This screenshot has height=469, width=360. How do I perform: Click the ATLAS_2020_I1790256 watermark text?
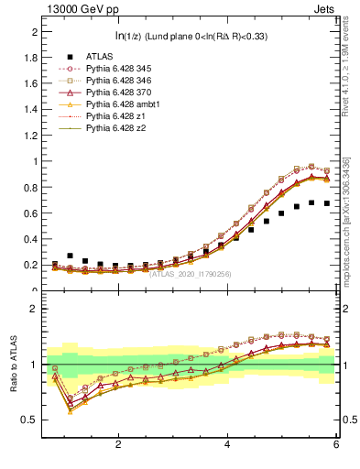[190, 273]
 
